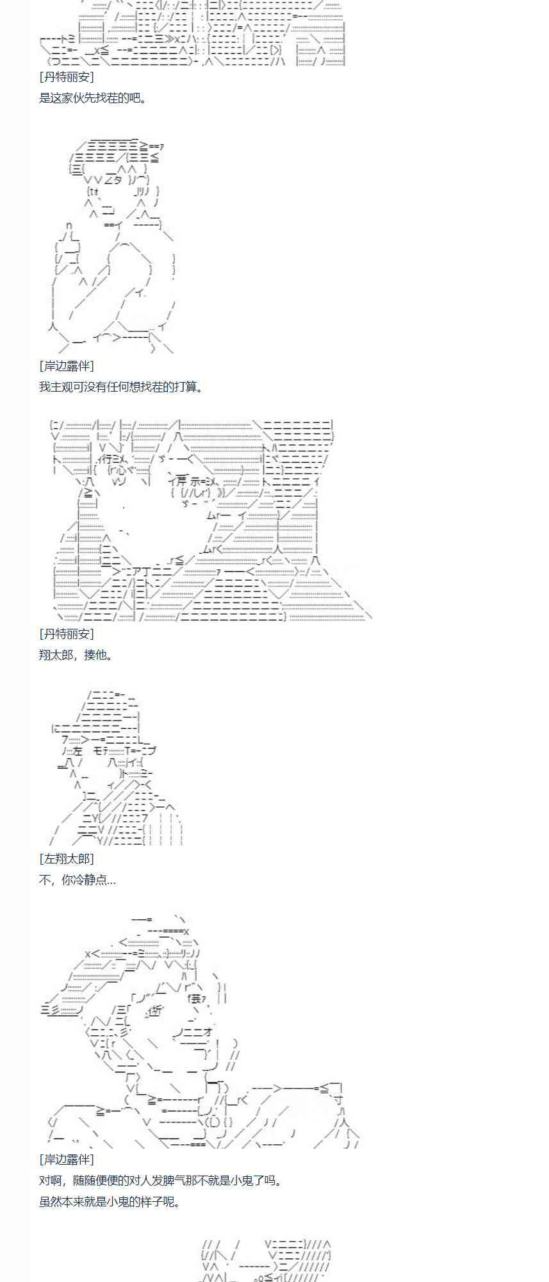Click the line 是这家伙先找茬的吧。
[93, 98]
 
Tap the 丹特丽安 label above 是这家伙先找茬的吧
[67, 77]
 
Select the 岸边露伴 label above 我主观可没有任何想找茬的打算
[67, 366]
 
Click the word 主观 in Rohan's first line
[63, 387]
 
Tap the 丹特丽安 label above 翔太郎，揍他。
[67, 634]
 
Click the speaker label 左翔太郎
[67, 859]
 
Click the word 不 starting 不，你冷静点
[45, 880]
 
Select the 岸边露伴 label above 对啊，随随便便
[67, 1160]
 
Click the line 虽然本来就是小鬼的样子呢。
[110, 1202]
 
